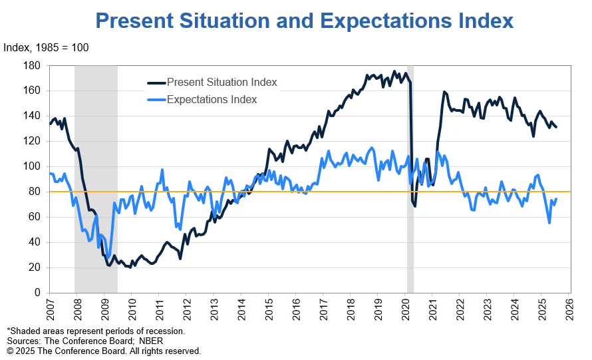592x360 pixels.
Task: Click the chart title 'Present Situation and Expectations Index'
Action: click(305, 21)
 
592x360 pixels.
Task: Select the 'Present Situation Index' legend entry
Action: click(222, 83)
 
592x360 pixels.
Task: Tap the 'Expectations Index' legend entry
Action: click(212, 100)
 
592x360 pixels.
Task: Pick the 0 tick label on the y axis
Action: click(38, 293)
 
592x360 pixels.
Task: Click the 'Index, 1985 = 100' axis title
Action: click(47, 47)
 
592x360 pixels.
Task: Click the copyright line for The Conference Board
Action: click(103, 351)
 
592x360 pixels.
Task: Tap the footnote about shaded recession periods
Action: click(96, 331)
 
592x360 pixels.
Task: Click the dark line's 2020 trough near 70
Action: click(415, 206)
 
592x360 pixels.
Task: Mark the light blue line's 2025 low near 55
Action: click(549, 223)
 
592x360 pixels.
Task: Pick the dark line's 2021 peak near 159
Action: click(444, 92)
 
